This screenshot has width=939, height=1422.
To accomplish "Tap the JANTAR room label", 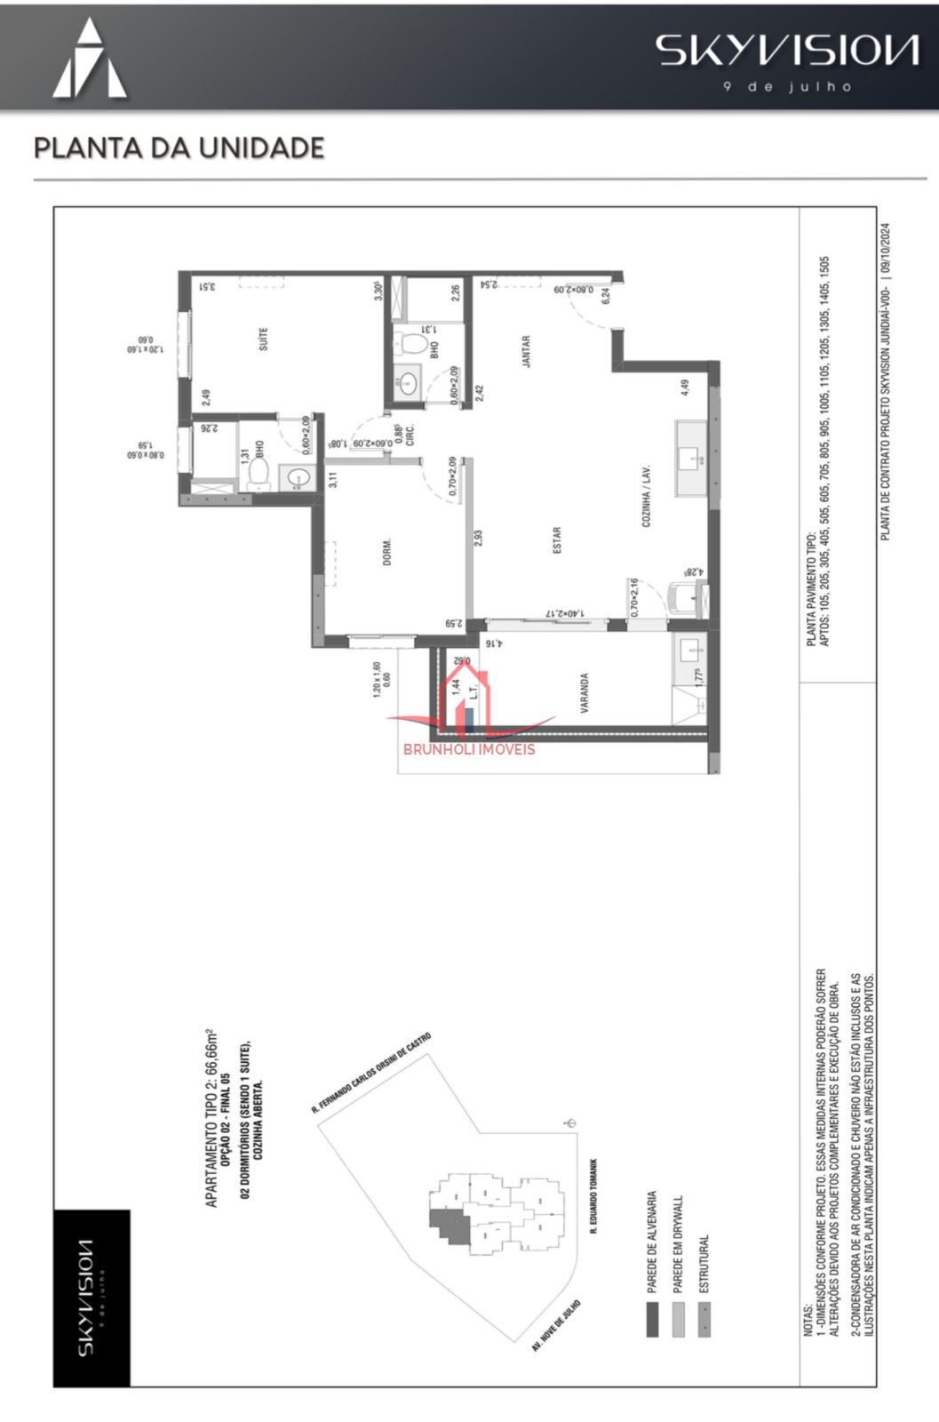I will tap(526, 351).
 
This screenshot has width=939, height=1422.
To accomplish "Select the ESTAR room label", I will tap(557, 540).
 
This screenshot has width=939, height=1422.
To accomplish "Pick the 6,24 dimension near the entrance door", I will tap(606, 297).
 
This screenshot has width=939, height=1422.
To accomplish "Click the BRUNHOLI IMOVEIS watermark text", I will tap(469, 748).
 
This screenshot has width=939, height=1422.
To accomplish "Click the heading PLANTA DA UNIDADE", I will tap(179, 148).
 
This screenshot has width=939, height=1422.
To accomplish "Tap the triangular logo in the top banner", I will tap(90, 60).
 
